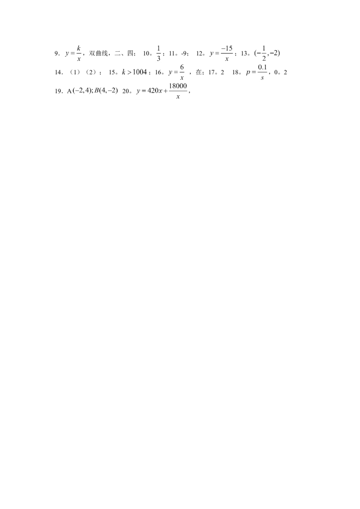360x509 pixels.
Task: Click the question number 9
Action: pyautogui.click(x=56, y=54)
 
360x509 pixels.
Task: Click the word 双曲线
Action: pyautogui.click(x=98, y=53)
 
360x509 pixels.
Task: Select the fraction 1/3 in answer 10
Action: pyautogui.click(x=158, y=53)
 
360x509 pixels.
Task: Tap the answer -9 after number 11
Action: pyautogui.click(x=184, y=54)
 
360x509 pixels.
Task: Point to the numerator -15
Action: pyautogui.click(x=227, y=49)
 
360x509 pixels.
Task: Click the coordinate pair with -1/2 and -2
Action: pyautogui.click(x=267, y=53)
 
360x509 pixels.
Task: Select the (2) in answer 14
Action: pyautogui.click(x=91, y=72)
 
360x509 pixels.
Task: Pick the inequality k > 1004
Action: pyautogui.click(x=135, y=72)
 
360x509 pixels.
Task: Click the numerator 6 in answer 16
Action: pyautogui.click(x=182, y=67)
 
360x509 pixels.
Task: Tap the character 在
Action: pyautogui.click(x=198, y=72)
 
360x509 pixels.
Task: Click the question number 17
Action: pyautogui.click(x=211, y=72)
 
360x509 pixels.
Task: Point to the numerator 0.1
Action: pyautogui.click(x=262, y=67)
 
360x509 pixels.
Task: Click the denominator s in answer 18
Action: pyautogui.click(x=262, y=78)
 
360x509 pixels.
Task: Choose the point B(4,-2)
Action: pyautogui.click(x=106, y=91)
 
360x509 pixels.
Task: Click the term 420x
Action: pyautogui.click(x=155, y=91)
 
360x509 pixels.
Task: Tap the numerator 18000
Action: pyautogui.click(x=178, y=86)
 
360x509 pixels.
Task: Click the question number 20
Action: pyautogui.click(x=126, y=92)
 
